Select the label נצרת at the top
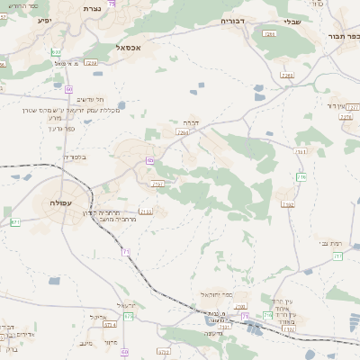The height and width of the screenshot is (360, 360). (x=91, y=7)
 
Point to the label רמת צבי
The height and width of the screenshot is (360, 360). (x=329, y=243)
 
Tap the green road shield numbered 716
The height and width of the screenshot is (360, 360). (x=301, y=176)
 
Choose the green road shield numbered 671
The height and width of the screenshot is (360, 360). (x=14, y=221)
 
